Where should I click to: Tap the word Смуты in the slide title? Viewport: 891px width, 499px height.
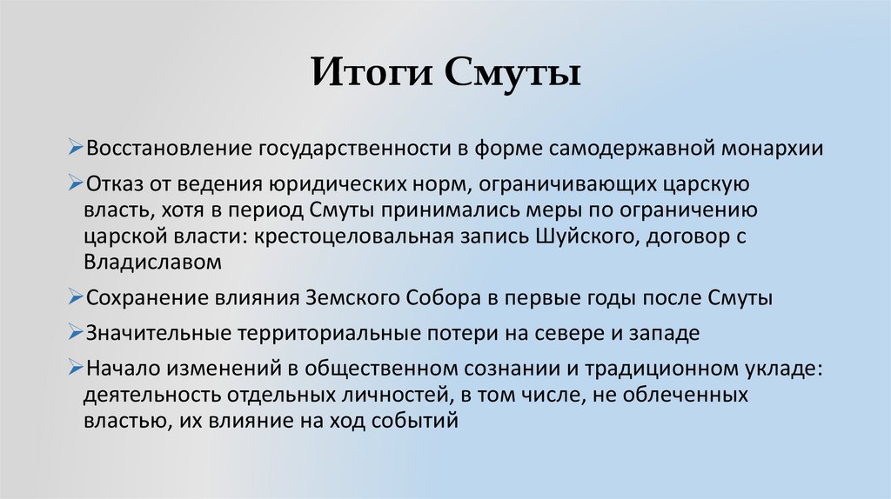pos(513,73)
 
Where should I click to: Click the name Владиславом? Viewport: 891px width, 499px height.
pos(153,261)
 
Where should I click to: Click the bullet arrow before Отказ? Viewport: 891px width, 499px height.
pos(77,185)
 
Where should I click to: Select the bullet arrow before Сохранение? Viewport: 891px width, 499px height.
pos(77,297)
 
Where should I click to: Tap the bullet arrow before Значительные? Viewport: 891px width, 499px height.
pos(77,333)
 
